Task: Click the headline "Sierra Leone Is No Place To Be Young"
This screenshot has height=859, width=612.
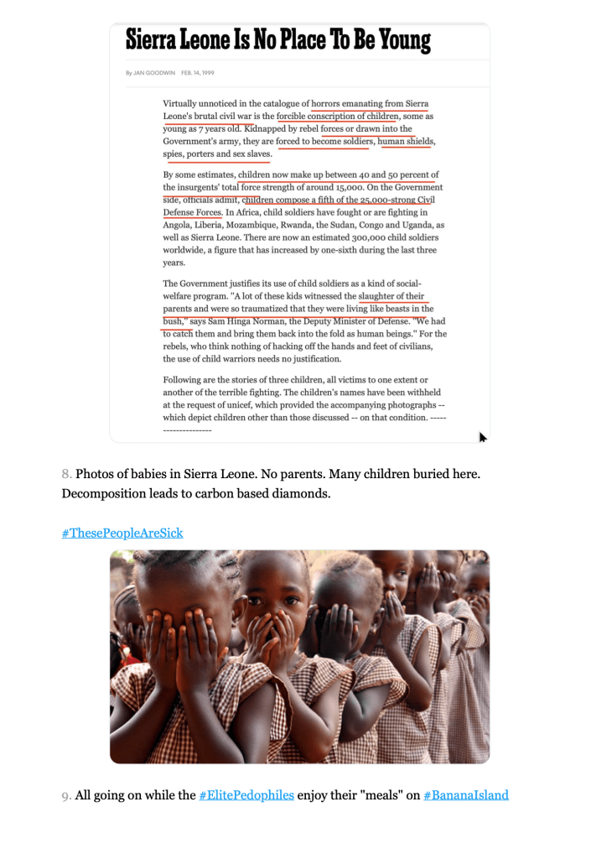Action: pos(277,39)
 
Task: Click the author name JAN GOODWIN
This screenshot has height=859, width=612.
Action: pos(153,73)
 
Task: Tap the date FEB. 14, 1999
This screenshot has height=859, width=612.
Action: pos(197,73)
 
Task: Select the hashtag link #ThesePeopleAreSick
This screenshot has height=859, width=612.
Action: pos(122,533)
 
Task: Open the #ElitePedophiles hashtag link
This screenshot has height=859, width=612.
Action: pos(246,795)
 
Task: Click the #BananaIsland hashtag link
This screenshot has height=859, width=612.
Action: pos(466,795)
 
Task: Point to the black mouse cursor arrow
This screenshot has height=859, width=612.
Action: pos(482,436)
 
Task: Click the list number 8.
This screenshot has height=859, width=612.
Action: pos(66,475)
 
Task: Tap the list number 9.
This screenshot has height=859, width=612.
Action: pos(66,795)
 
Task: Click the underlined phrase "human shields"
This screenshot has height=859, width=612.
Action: pos(406,142)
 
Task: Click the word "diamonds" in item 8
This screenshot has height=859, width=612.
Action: pos(302,493)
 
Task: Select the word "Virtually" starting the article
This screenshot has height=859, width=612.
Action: pos(183,104)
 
